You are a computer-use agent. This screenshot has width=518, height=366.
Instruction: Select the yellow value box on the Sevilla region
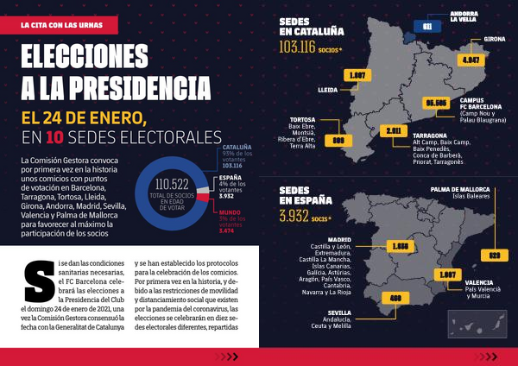coord(396,298)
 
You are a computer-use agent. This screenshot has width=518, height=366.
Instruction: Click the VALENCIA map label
coord(479,282)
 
